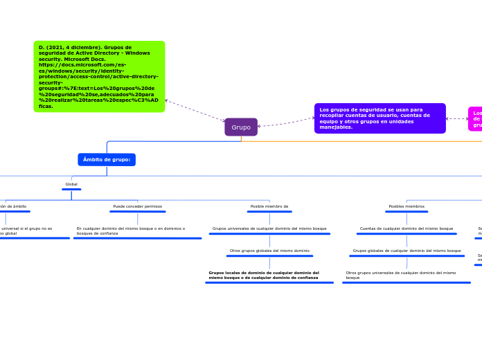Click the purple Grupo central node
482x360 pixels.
241,127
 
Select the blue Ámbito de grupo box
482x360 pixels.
107,160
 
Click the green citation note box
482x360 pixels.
99,76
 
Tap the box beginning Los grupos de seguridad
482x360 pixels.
380,118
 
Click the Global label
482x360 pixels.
71,184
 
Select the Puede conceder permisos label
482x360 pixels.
138,206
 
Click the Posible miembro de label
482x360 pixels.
269,206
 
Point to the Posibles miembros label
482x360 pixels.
407,206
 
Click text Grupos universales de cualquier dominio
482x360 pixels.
269,228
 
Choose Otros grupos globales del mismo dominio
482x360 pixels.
269,251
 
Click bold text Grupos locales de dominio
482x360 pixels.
264,275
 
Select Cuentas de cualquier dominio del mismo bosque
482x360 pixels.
407,228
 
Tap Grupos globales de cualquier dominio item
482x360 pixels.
407,251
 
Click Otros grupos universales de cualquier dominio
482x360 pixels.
401,275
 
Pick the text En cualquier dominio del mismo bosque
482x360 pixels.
131,231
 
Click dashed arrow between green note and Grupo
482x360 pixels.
195,111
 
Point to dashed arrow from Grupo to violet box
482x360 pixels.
286,123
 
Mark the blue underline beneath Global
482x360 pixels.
71,189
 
